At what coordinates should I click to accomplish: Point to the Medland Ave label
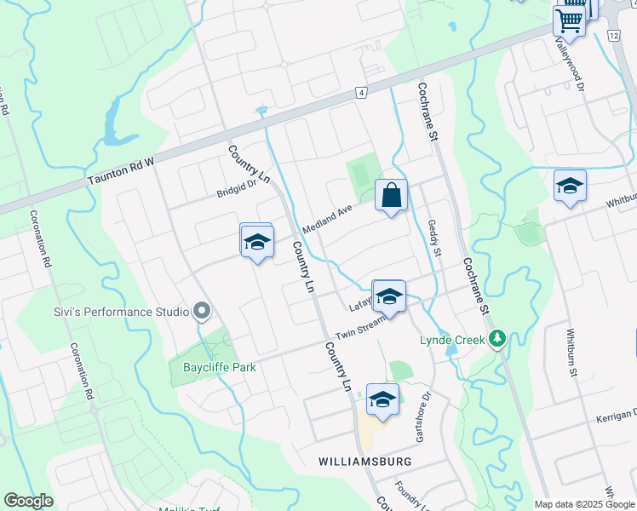(x=328, y=221)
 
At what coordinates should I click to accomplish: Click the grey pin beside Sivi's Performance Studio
(x=202, y=313)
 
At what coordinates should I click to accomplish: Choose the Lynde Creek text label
(x=450, y=340)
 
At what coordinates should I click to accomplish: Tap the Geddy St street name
(x=435, y=238)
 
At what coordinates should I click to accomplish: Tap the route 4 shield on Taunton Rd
(x=362, y=92)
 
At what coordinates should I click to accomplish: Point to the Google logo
(x=28, y=501)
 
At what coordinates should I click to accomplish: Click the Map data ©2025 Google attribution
(x=583, y=504)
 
